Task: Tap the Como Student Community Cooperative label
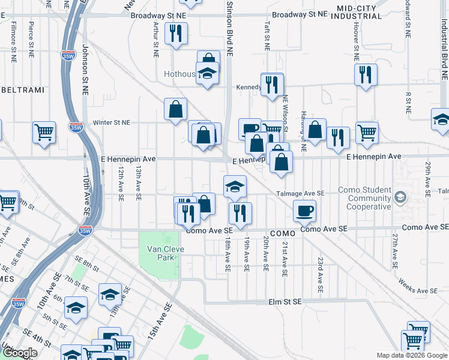click(364, 199)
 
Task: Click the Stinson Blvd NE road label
click(229, 29)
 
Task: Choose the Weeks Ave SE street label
click(417, 287)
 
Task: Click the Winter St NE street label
click(112, 122)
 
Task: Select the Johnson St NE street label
click(85, 70)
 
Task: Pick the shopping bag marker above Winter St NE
click(175, 110)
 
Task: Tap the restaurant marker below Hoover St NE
click(366, 75)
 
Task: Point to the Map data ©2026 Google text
click(411, 355)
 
